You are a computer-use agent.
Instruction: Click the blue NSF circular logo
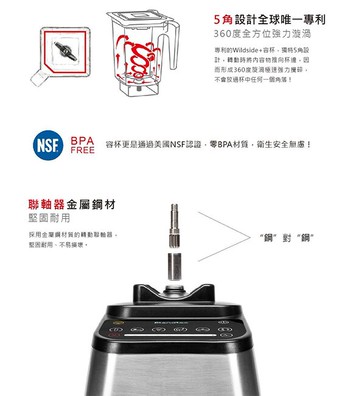point(45,144)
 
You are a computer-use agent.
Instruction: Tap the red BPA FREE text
point(82,144)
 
